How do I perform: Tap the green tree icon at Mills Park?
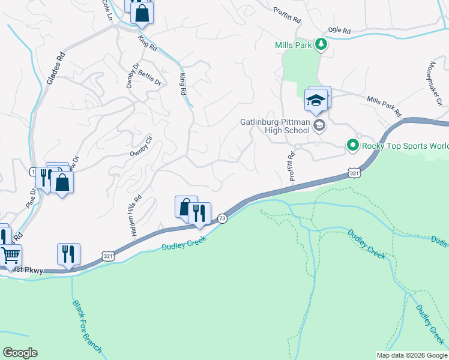click(321, 44)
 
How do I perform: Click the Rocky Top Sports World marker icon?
click(353, 145)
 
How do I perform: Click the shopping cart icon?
click(10, 255)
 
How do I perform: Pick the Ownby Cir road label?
click(142, 146)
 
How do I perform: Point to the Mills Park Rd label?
click(384, 106)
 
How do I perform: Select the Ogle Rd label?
click(339, 30)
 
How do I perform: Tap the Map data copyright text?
click(411, 355)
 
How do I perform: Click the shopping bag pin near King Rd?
click(142, 13)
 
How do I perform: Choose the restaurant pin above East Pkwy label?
click(68, 254)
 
